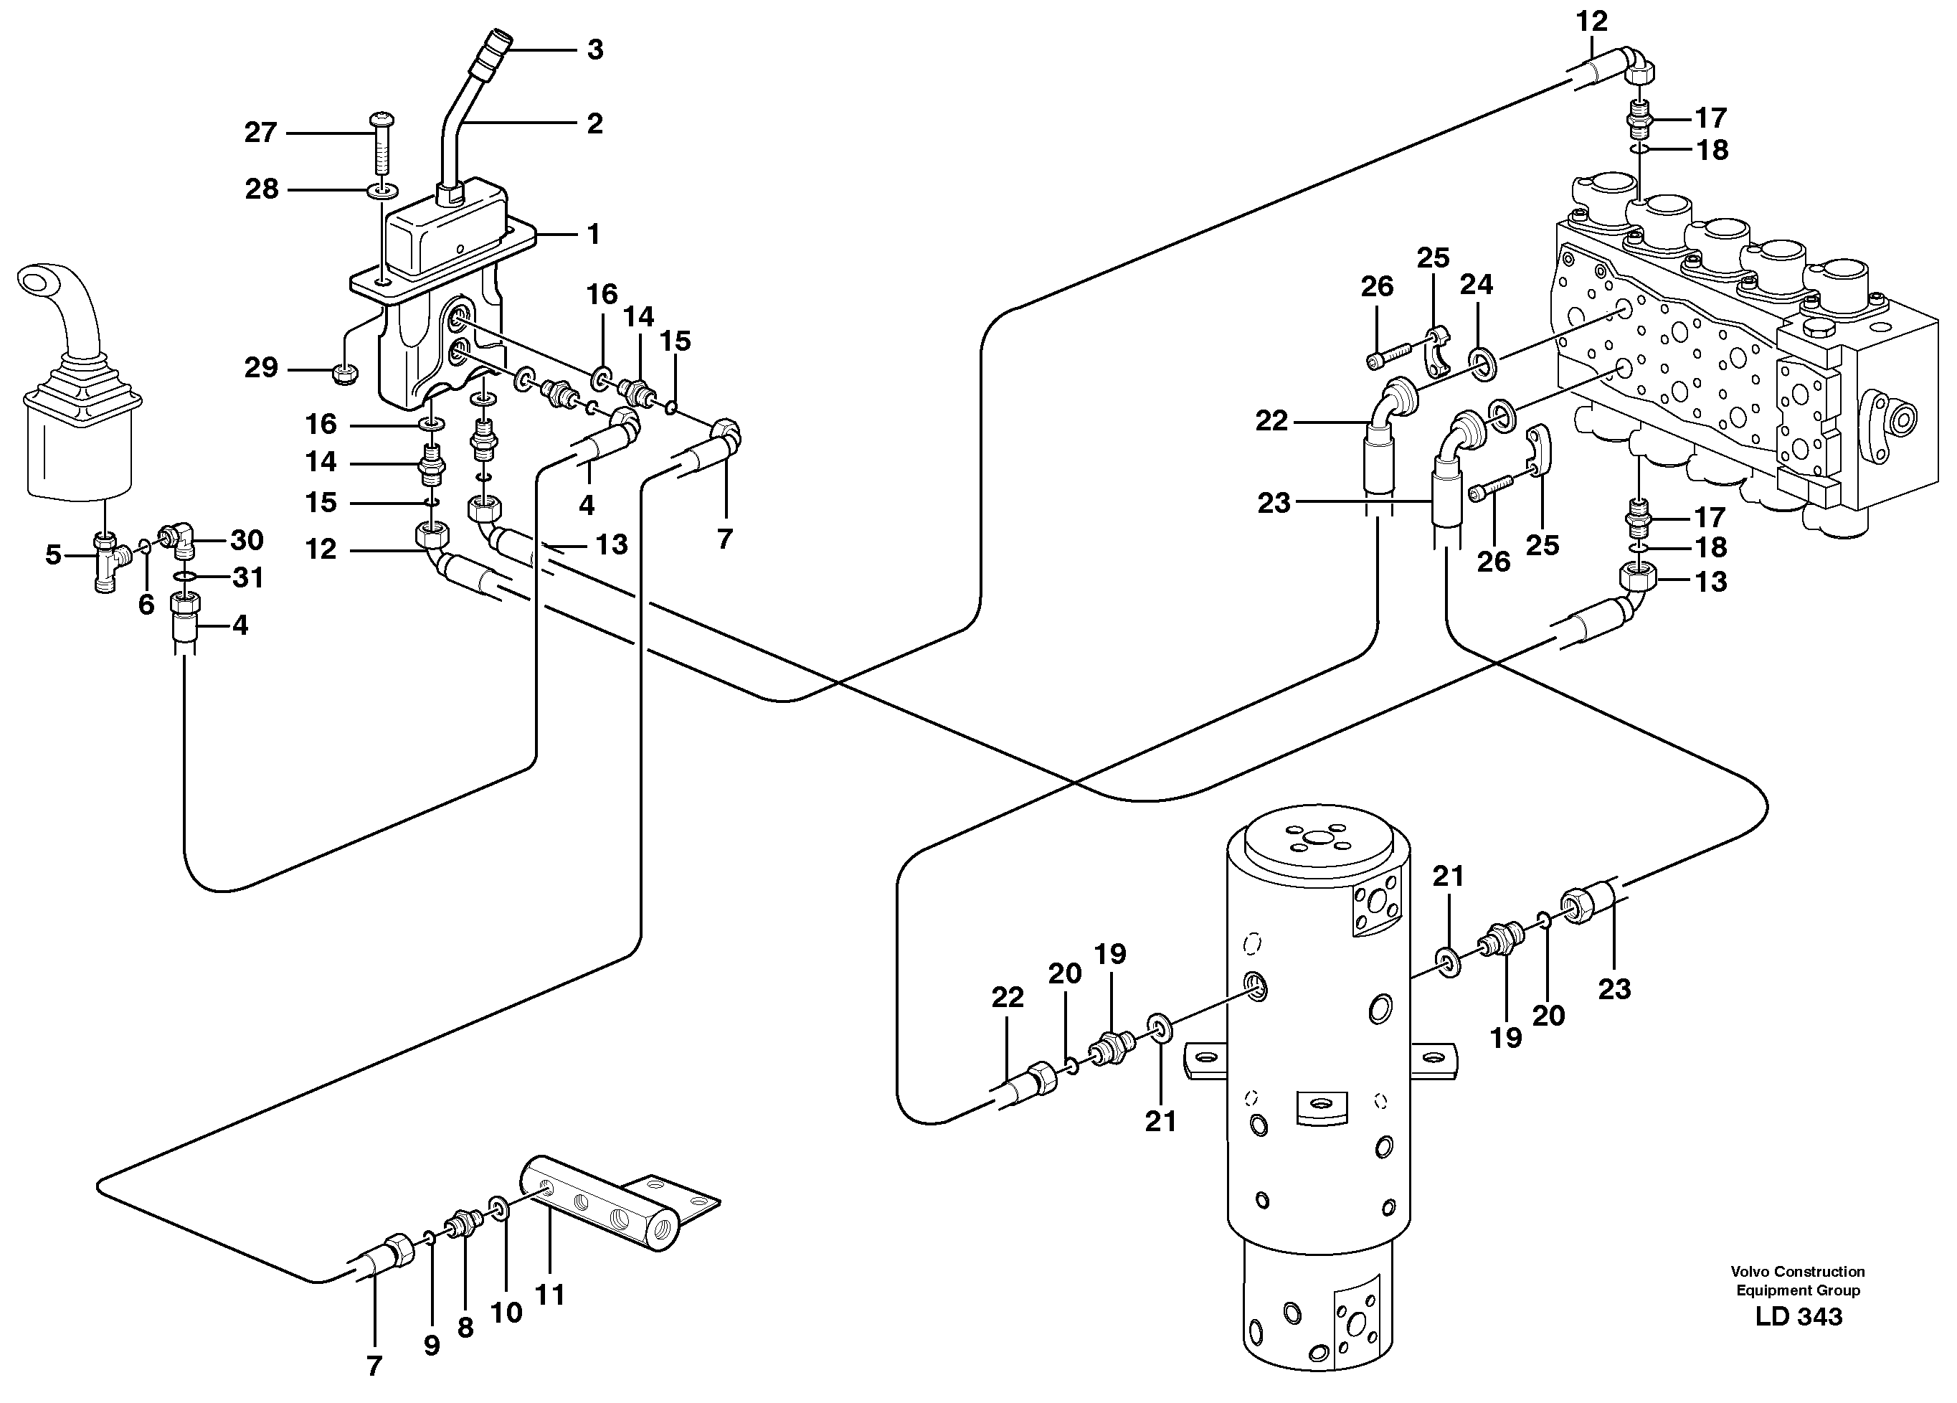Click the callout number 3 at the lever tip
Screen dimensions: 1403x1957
tap(594, 50)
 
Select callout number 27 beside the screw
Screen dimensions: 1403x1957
tap(260, 133)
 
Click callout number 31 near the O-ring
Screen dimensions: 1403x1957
tap(249, 577)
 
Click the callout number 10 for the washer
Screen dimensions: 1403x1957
tap(506, 1313)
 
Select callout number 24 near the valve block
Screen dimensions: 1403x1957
tap(1477, 284)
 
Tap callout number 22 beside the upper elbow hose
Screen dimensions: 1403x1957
tap(1271, 421)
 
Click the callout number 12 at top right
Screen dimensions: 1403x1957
tap(1592, 22)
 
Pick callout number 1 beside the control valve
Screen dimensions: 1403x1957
tap(593, 234)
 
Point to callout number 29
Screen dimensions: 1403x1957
tap(260, 369)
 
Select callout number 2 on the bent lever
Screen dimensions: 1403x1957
tap(594, 123)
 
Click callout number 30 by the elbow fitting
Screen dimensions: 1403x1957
tap(247, 540)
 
